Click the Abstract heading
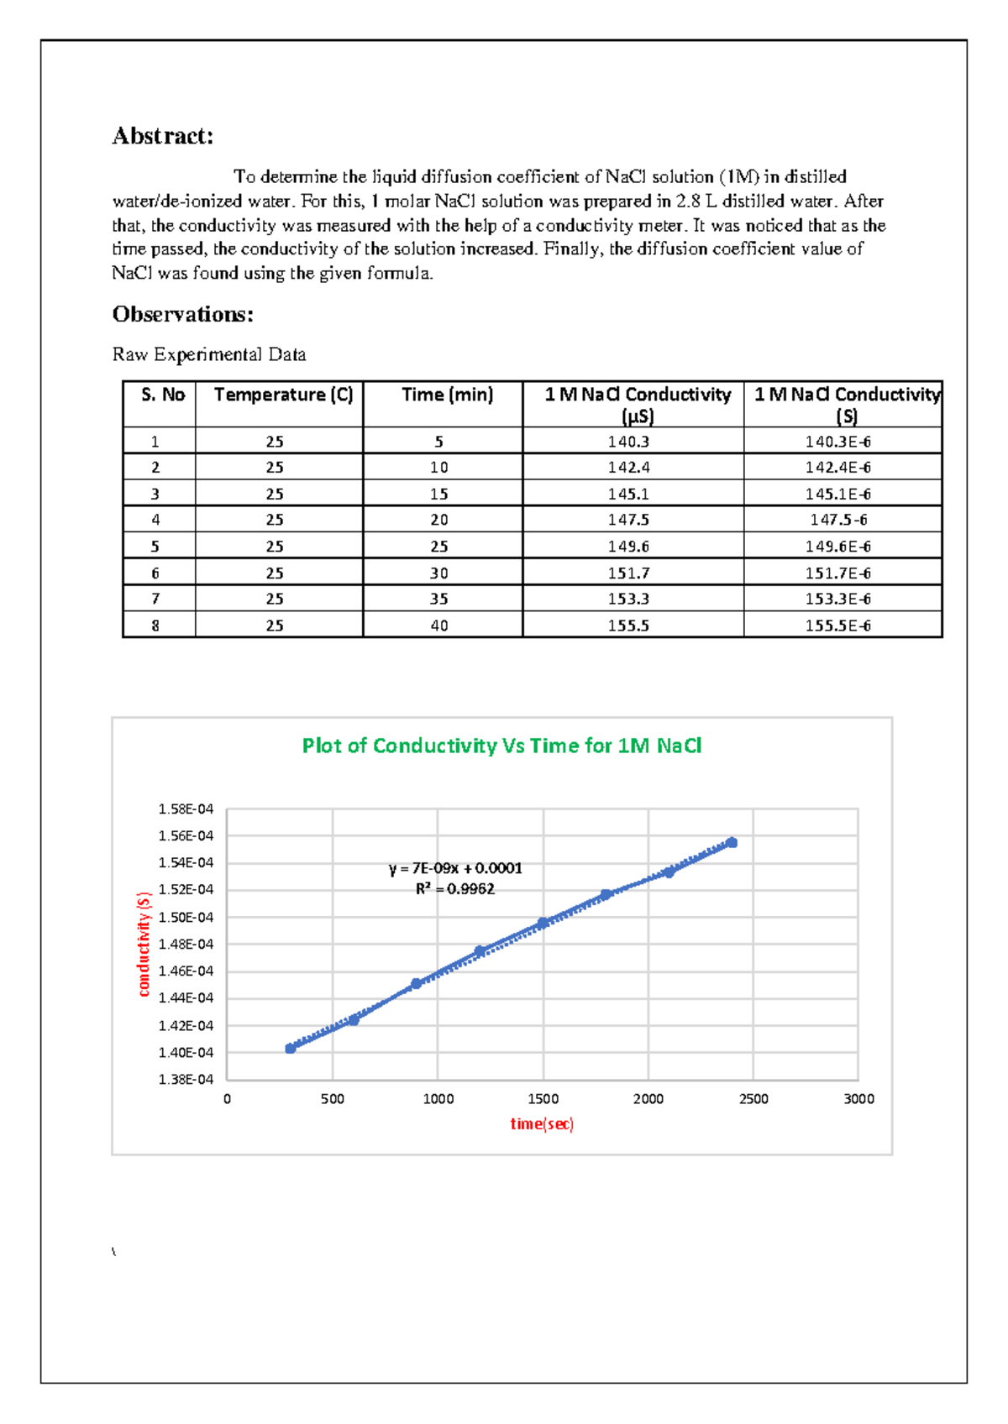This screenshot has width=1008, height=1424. pyautogui.click(x=163, y=136)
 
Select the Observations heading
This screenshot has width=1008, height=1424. pyautogui.click(x=182, y=314)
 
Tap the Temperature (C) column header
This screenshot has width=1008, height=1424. pyautogui.click(x=283, y=395)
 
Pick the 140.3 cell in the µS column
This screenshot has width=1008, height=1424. pyautogui.click(x=628, y=442)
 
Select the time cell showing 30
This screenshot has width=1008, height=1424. pyautogui.click(x=439, y=573)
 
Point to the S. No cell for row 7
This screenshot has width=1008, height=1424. pyautogui.click(x=155, y=599)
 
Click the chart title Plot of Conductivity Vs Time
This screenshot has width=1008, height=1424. pyautogui.click(x=501, y=746)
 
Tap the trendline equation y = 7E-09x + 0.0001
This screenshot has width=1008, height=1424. pyautogui.click(x=455, y=868)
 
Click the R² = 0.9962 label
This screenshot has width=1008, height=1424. pyautogui.click(x=455, y=889)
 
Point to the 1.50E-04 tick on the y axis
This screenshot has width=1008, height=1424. pyautogui.click(x=186, y=917)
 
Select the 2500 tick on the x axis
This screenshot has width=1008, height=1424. pyautogui.click(x=753, y=1099)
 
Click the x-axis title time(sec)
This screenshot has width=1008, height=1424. pyautogui.click(x=542, y=1123)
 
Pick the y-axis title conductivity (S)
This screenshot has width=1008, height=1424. pyautogui.click(x=144, y=945)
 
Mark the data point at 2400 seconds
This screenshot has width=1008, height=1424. pyautogui.click(x=732, y=842)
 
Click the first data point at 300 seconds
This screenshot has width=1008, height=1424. pyautogui.click(x=291, y=1048)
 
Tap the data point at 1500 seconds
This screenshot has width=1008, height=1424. pyautogui.click(x=543, y=923)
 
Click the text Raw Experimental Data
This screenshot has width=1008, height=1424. pyautogui.click(x=209, y=354)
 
